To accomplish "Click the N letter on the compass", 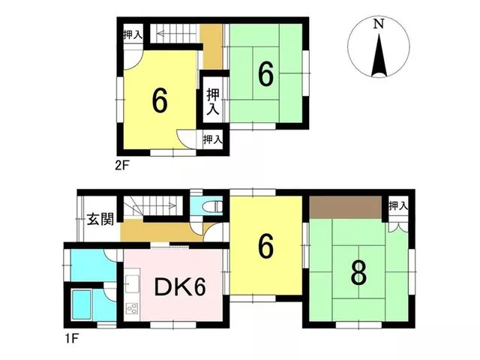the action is pyautogui.click(x=379, y=24).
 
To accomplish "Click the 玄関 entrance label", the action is pyautogui.click(x=100, y=219).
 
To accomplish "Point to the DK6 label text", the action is pyautogui.click(x=180, y=288).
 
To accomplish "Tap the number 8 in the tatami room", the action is pyautogui.click(x=358, y=273).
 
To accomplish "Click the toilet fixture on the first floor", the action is pyautogui.click(x=214, y=206).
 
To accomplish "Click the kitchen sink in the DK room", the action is pyautogui.click(x=133, y=283).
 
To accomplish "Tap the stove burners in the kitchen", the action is pyautogui.click(x=133, y=308).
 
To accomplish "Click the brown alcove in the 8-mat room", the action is pyautogui.click(x=346, y=207).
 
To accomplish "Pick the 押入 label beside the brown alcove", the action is pyautogui.click(x=398, y=206).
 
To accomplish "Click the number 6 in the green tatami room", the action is pyautogui.click(x=265, y=75).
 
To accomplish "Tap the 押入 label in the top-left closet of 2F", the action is pyautogui.click(x=133, y=35).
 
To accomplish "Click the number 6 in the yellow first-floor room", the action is pyautogui.click(x=265, y=247).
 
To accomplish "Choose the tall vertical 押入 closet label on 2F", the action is pyautogui.click(x=213, y=101).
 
